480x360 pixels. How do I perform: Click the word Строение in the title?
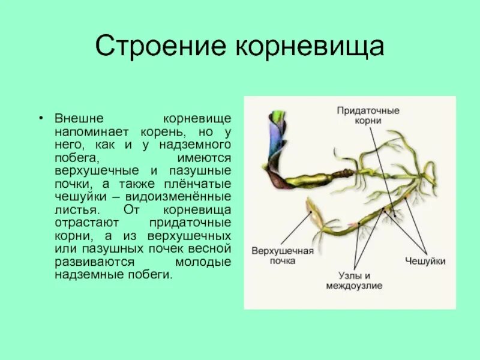(x=155, y=47)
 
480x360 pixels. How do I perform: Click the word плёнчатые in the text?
(x=199, y=184)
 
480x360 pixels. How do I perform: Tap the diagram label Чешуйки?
(x=425, y=262)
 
